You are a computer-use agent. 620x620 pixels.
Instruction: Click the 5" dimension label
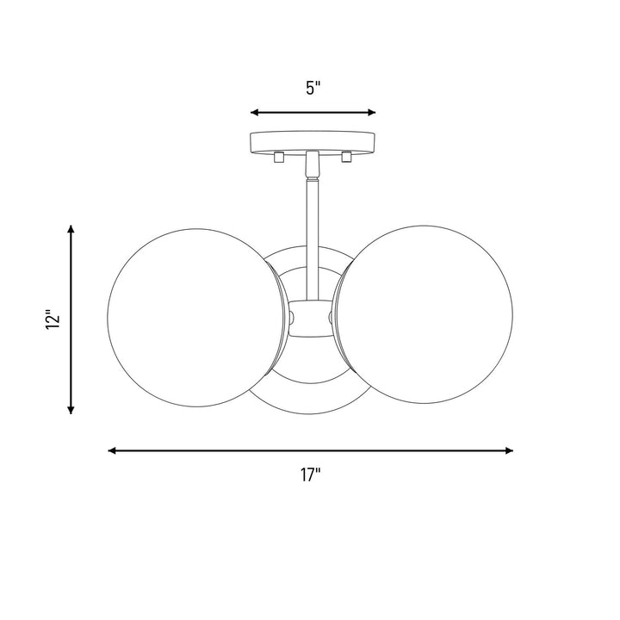point(313,88)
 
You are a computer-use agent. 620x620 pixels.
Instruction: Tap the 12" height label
point(53,320)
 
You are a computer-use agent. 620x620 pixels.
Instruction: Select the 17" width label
point(310,474)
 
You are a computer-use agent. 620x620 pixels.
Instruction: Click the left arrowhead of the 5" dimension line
point(255,113)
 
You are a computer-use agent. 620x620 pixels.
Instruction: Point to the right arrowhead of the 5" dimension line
point(371,113)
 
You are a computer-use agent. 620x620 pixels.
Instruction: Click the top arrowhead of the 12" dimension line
point(71,230)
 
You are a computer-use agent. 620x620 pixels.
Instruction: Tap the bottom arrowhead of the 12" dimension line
point(71,410)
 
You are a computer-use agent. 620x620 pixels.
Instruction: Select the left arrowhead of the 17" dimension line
point(112,450)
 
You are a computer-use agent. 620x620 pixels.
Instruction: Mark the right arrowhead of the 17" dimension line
point(509,450)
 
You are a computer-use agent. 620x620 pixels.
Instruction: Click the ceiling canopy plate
point(313,142)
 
